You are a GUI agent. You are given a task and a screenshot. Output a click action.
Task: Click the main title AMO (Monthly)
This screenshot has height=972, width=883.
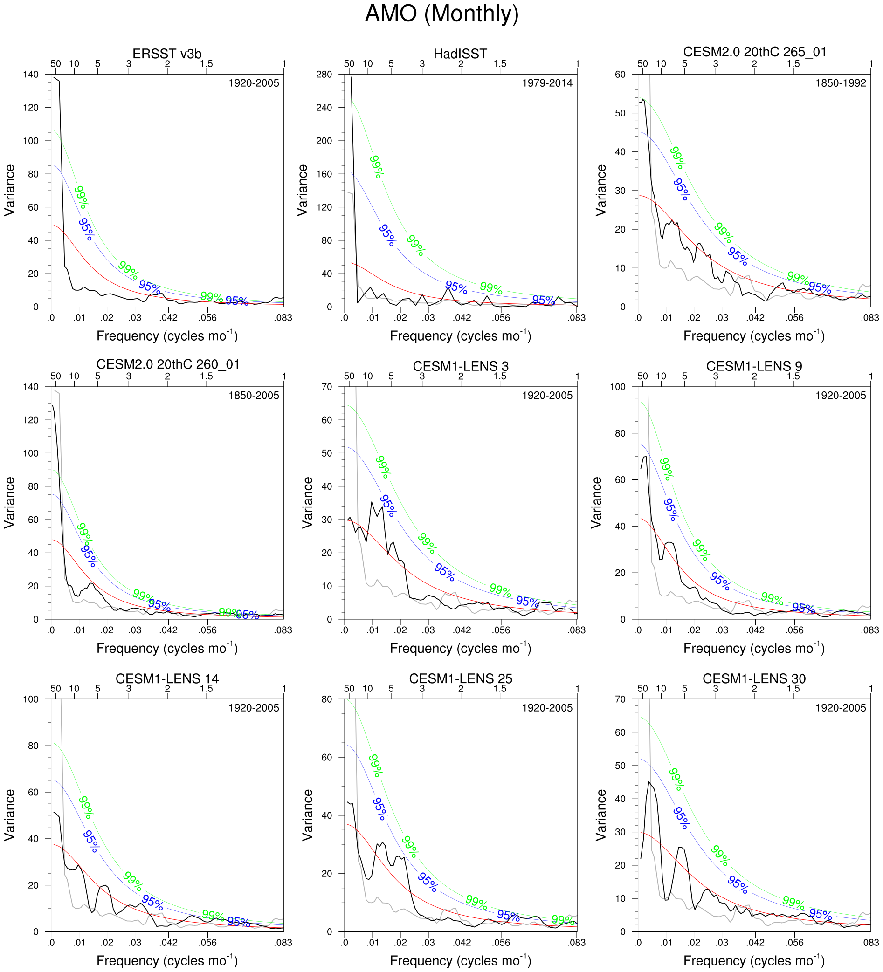[x=441, y=14]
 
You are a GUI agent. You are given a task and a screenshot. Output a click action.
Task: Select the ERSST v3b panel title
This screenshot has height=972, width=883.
[x=167, y=54]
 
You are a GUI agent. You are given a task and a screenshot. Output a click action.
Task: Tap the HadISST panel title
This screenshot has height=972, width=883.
[x=460, y=54]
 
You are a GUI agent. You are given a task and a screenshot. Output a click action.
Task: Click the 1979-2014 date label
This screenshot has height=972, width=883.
[x=547, y=83]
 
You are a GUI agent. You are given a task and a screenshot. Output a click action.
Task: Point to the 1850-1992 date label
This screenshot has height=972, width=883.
[x=841, y=83]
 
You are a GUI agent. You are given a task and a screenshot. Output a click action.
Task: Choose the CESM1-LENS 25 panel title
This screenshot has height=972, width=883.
[x=460, y=678]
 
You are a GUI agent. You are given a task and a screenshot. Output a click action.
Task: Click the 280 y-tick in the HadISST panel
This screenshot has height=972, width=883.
[x=324, y=74]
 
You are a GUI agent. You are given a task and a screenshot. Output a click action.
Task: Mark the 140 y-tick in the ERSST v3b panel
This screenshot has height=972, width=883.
[x=31, y=74]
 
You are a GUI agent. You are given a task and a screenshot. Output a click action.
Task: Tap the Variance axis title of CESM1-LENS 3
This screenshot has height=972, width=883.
[x=307, y=502]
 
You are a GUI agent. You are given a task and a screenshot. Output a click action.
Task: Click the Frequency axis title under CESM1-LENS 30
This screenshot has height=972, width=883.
[x=754, y=960]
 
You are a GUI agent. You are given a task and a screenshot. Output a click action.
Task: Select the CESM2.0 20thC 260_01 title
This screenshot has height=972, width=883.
[x=168, y=364]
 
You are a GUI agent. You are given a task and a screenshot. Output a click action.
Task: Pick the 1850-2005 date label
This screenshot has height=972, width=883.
[x=254, y=395]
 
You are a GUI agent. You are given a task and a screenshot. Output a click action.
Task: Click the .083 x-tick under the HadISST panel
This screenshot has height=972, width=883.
[x=577, y=318]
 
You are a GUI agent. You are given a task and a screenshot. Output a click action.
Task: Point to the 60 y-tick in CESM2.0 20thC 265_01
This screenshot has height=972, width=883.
[x=620, y=74]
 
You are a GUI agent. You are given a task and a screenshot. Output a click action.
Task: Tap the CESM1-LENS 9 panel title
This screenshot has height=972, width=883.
[x=754, y=366]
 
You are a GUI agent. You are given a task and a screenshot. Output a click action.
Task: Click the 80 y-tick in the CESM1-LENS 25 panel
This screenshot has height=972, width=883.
[x=327, y=699]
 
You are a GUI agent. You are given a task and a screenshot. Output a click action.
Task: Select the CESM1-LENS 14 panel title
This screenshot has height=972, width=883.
[x=167, y=678]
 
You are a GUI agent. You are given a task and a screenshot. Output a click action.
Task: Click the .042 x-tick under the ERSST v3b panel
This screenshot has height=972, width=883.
[x=168, y=318]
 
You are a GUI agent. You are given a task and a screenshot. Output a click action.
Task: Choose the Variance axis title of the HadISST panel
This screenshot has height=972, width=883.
[x=303, y=190]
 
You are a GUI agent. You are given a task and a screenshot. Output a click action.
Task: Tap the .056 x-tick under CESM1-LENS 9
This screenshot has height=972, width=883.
[x=794, y=630]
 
